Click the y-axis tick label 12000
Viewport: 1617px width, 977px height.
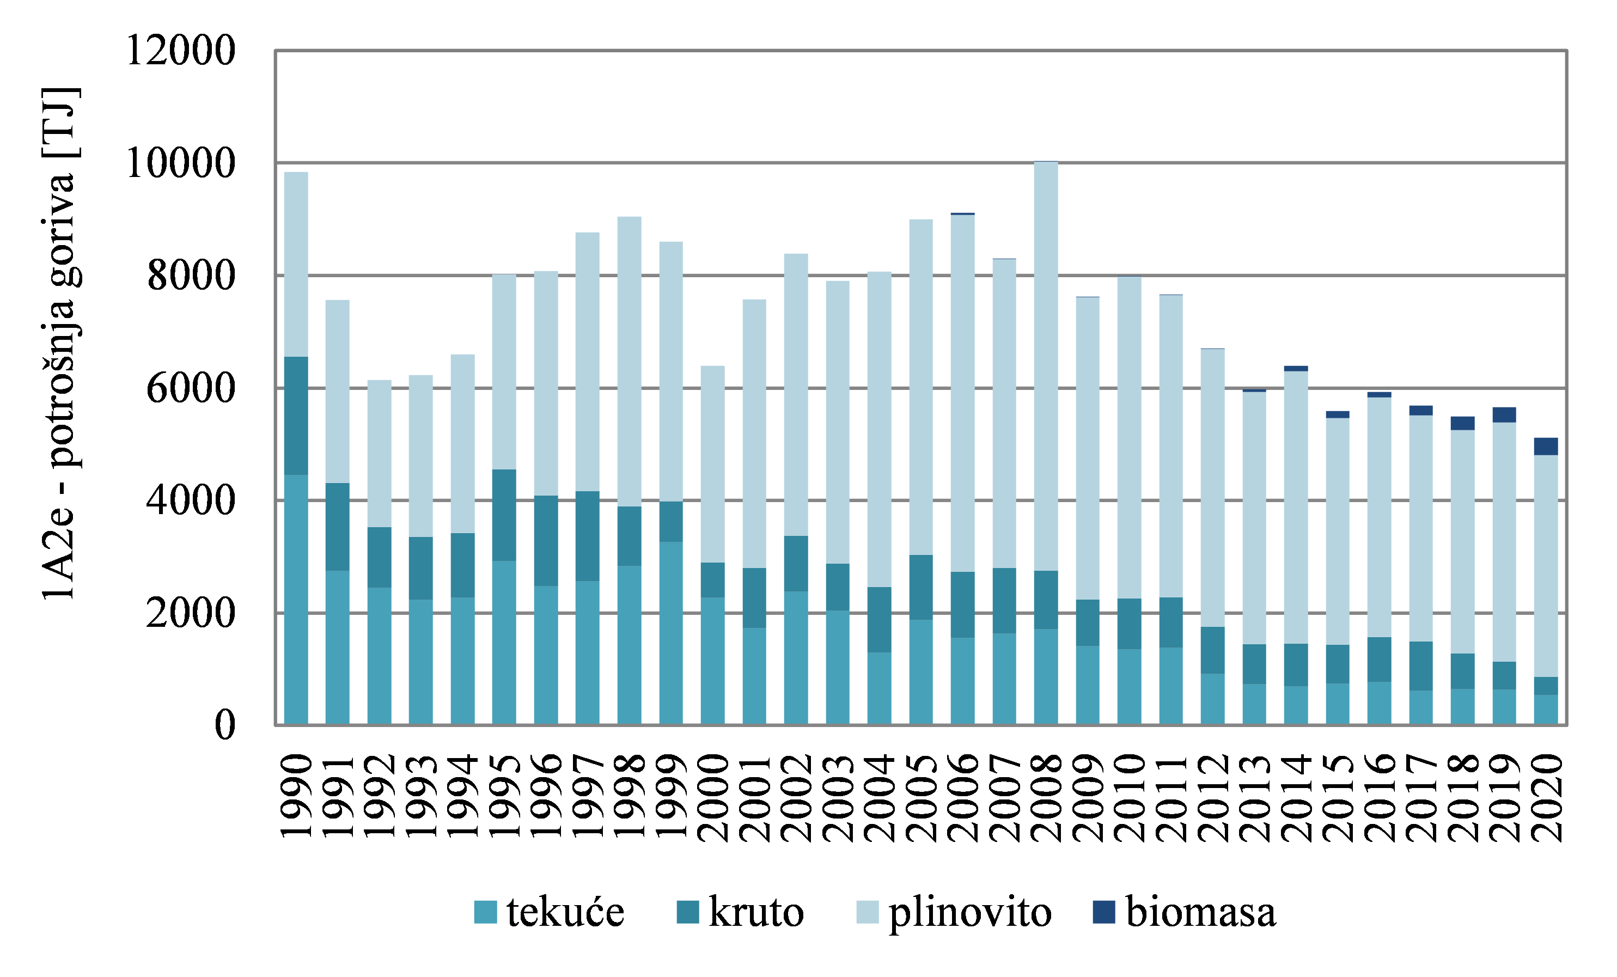coord(180,50)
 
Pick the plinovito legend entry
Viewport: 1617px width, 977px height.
coord(954,913)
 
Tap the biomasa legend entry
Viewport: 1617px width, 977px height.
coord(1185,913)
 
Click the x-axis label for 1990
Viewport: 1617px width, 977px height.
coord(296,797)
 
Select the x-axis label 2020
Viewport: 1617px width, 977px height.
coord(1546,797)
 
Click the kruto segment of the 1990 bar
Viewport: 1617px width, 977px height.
coord(296,416)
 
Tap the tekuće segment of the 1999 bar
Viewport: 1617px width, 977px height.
coord(670,633)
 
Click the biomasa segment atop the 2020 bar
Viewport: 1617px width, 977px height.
coord(1546,446)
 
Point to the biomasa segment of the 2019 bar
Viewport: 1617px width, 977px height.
coord(1504,414)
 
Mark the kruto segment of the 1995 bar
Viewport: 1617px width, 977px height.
coord(504,515)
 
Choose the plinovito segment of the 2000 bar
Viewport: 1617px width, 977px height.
coord(713,464)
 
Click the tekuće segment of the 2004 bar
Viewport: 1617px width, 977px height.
coord(880,689)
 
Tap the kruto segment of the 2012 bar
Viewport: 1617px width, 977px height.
coord(1213,650)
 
